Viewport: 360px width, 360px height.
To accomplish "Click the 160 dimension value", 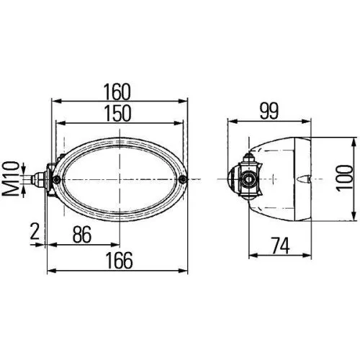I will (x=116, y=91).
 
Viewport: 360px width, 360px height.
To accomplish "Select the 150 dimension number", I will (x=116, y=113).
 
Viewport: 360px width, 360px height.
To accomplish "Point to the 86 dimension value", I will (x=83, y=235).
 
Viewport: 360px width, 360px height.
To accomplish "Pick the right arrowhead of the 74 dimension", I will (x=310, y=253).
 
